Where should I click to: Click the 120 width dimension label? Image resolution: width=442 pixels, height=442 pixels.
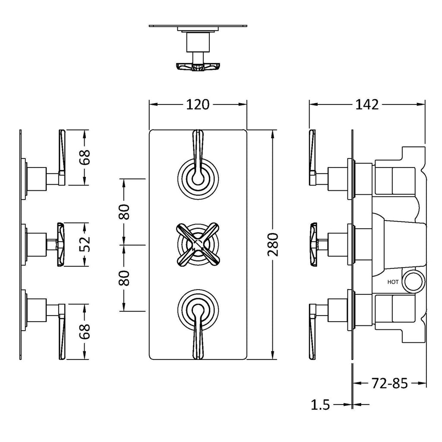[198, 104]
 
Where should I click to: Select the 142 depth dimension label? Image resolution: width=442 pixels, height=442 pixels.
[367, 104]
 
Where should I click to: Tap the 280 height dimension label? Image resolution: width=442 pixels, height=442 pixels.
[273, 244]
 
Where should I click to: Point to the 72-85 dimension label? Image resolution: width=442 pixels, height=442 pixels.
[390, 383]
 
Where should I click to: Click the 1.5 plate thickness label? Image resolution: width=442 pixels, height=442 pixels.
[320, 405]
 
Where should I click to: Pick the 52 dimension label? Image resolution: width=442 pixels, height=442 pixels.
[85, 244]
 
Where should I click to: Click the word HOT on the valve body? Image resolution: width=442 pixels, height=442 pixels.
[393, 282]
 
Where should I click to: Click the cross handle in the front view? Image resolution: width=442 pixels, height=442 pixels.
[198, 244]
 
